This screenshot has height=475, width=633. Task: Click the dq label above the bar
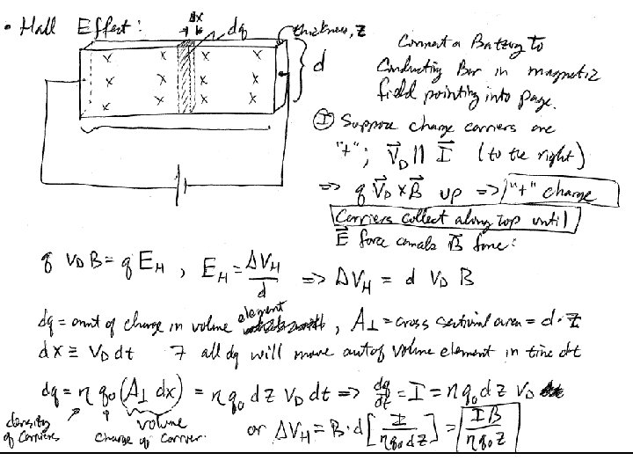point(236,30)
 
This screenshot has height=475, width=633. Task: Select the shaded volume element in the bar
point(186,79)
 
